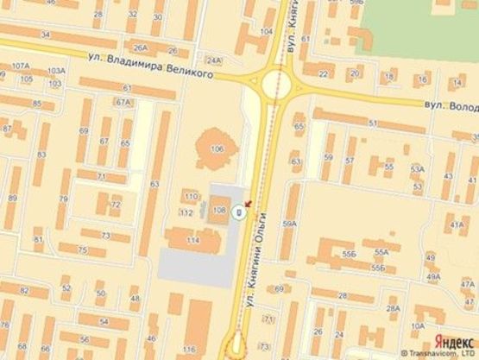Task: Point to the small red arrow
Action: [248, 204]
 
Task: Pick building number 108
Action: [217, 210]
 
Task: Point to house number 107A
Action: [20, 66]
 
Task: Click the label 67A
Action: [123, 102]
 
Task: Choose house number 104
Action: [267, 32]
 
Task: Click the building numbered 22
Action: [321, 75]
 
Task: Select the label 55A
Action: [381, 251]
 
